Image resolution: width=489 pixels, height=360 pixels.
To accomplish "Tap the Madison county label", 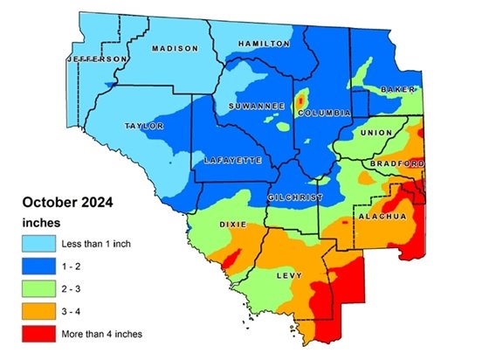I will pyautogui.click(x=175, y=49).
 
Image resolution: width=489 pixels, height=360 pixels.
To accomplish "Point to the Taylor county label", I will pyautogui.click(x=145, y=126).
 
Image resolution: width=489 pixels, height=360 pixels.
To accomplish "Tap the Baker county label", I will pyautogui.click(x=401, y=90).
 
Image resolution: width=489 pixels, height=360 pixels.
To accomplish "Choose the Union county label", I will pyautogui.click(x=376, y=132).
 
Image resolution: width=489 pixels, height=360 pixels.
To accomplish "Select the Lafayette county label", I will pyautogui.click(x=231, y=161).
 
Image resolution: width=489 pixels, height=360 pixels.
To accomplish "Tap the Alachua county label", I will pyautogui.click(x=382, y=215).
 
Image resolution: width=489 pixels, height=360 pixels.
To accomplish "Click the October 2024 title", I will pyautogui.click(x=67, y=203).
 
